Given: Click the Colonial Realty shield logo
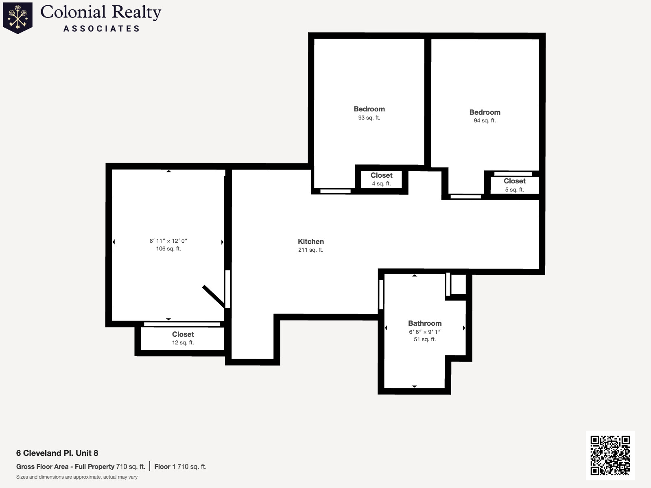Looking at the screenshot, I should click(x=18, y=17).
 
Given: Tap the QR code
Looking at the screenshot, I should click(x=610, y=455).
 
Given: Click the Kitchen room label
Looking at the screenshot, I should click(x=311, y=242).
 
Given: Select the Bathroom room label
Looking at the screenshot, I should click(x=425, y=323).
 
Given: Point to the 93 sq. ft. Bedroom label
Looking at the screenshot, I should click(x=369, y=109).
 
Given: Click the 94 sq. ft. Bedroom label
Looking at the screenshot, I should click(x=485, y=112).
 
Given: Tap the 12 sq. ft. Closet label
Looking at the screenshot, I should click(x=183, y=334).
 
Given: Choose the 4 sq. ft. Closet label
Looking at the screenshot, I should click(x=381, y=175).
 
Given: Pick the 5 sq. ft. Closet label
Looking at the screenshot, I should click(x=514, y=181).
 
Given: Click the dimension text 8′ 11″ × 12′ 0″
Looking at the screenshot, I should click(x=168, y=241).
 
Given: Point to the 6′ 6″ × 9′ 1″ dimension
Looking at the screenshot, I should click(x=425, y=332).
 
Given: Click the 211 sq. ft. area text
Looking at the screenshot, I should click(x=310, y=250).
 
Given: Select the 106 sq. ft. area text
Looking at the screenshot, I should click(x=168, y=248).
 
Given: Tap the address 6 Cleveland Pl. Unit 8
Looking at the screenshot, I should click(x=57, y=453).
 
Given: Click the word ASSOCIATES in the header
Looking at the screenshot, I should click(x=101, y=28).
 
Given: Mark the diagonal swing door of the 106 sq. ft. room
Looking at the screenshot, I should click(x=213, y=296).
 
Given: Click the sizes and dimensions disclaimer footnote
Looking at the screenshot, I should click(x=77, y=477).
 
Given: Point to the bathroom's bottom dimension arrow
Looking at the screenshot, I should click(x=414, y=386).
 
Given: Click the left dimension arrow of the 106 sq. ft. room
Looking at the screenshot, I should click(x=114, y=242).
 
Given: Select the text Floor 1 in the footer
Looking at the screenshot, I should click(x=165, y=466).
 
